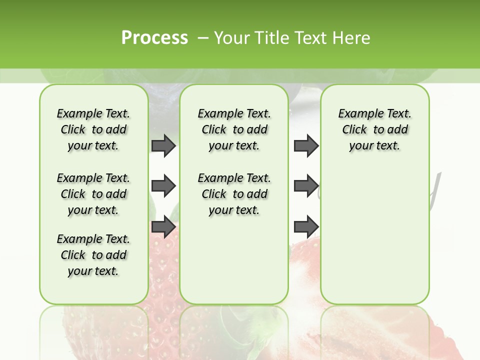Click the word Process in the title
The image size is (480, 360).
[154, 37]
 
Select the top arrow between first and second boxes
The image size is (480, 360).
[163, 146]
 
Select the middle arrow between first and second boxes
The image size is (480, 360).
[163, 186]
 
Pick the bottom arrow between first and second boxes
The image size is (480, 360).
[163, 227]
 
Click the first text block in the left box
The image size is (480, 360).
[93, 129]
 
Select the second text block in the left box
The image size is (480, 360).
[93, 194]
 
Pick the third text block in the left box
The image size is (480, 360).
[93, 255]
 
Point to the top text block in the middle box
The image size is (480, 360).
[234, 129]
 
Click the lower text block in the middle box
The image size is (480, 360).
[234, 194]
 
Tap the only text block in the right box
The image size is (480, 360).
[375, 129]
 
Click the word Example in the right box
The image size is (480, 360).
[357, 114]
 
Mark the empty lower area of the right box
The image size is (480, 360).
[375, 240]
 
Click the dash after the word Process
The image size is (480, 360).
[201, 37]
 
